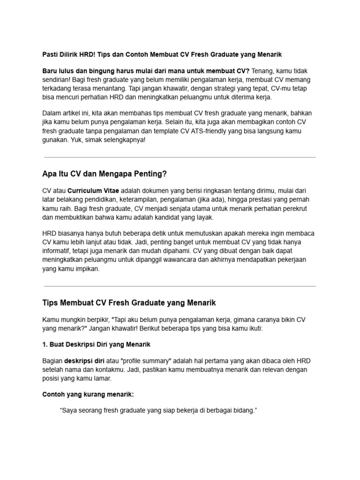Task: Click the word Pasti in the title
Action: [x=51, y=54]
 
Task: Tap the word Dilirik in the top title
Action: [x=72, y=54]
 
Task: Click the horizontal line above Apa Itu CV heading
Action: [x=180, y=157]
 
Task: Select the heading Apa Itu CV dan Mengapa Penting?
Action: [x=104, y=174]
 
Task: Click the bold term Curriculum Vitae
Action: [x=93, y=191]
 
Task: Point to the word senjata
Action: [x=194, y=209]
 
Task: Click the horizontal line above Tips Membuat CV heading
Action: [x=180, y=286]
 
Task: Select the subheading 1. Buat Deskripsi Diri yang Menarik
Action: [x=96, y=345]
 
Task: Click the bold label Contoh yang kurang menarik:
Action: [x=88, y=394]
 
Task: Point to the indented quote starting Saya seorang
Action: [x=159, y=411]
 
